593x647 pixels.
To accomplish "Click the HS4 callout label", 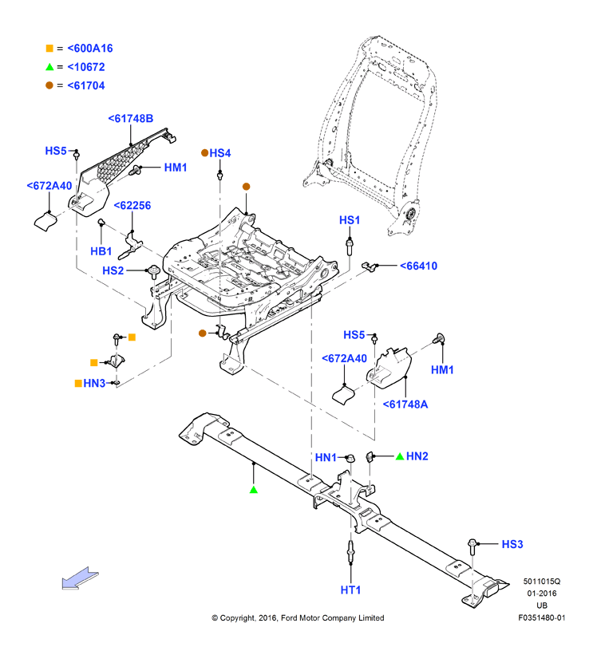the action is pos(220,153).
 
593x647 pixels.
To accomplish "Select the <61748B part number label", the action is pos(130,118).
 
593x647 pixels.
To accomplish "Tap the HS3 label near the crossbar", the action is pos(512,544).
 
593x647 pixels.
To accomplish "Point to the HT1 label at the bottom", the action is pos(350,590).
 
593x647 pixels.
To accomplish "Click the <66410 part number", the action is pos(418,266).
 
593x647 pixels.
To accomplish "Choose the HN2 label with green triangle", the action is pos(417,456).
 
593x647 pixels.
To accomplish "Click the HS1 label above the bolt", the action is pos(350,220).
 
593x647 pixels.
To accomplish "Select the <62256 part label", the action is pos(132,206).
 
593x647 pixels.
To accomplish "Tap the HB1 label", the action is pos(101,251).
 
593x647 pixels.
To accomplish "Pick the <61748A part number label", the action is pos(405,404).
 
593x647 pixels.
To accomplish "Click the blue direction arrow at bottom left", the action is pos(80,578).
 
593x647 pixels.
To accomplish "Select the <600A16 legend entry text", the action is pos(90,49).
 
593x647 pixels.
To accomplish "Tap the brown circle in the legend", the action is pos(49,85).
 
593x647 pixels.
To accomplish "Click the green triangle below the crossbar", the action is pos(253,490).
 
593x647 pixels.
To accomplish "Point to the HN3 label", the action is pos(94,383).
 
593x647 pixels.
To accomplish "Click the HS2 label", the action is pos(113,270).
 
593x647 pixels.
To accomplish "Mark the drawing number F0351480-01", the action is pos(542,617).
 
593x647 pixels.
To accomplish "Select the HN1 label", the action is pos(326,458).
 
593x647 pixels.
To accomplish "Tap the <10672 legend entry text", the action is pos(86,67).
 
